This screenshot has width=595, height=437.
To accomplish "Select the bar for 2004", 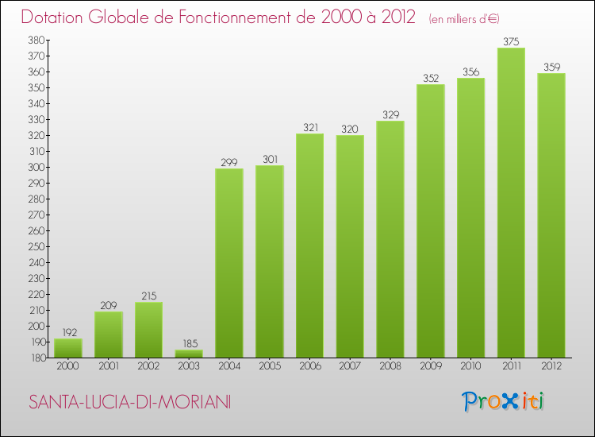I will [x=229, y=263].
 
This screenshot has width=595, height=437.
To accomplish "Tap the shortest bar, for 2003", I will [x=189, y=354].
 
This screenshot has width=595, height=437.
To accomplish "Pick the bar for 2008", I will [x=390, y=239].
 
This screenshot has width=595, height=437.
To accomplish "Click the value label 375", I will [x=511, y=41].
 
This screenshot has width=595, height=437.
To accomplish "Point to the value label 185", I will [x=189, y=343].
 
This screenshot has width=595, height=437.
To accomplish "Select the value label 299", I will [x=229, y=162].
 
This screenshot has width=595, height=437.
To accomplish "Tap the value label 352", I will [x=431, y=78].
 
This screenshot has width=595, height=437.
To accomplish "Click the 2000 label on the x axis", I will [x=67, y=366].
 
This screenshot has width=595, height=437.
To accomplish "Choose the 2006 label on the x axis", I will [x=309, y=366].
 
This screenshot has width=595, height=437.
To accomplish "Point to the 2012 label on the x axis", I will [x=551, y=366].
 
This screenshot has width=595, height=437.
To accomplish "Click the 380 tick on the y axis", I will [x=36, y=40].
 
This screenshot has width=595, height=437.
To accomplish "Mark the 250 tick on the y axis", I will [x=36, y=246].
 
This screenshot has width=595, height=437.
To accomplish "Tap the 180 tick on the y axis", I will [x=36, y=358].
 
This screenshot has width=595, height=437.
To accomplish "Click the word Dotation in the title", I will [x=56, y=17].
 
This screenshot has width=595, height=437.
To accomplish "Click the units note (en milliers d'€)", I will [x=463, y=18].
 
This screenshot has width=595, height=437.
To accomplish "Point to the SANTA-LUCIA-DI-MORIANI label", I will [x=129, y=403].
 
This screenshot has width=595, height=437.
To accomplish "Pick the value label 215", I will [x=148, y=296].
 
